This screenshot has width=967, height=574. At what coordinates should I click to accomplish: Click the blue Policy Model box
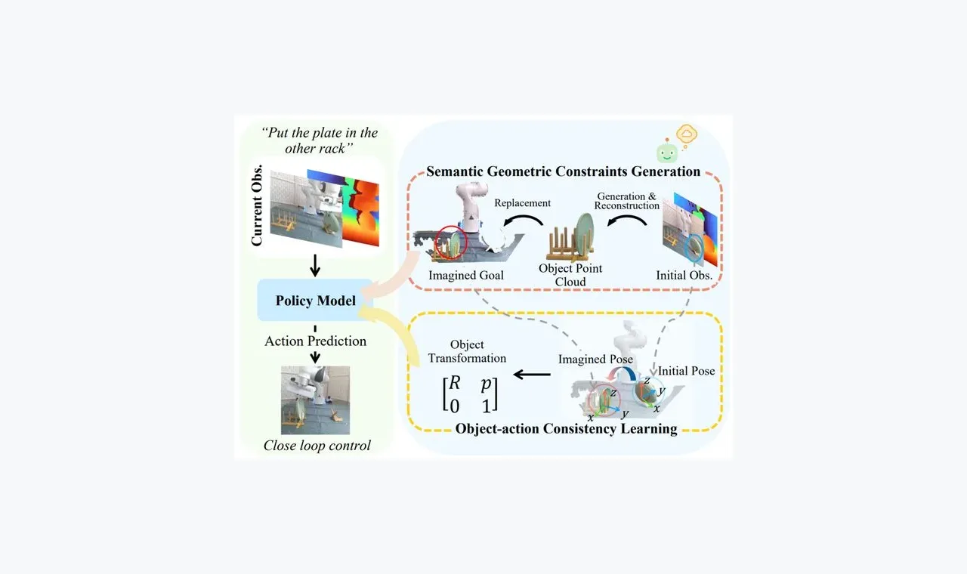tap(315, 300)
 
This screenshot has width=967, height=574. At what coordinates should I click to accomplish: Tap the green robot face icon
tap(667, 153)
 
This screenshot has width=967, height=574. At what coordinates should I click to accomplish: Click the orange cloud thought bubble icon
tap(687, 134)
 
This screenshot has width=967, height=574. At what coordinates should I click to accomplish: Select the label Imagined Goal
tap(466, 276)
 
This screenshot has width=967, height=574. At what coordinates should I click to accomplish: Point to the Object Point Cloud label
tap(570, 275)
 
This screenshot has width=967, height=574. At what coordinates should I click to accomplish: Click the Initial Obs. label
tap(684, 276)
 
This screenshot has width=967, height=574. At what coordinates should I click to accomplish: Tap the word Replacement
tap(522, 203)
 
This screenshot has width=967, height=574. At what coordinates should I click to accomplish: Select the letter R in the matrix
tap(455, 383)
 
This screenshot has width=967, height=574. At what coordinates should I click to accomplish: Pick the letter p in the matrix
tap(486, 384)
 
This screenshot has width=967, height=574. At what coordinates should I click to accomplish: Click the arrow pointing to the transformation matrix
tap(532, 374)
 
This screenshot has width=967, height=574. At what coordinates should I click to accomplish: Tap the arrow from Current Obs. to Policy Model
tap(315, 265)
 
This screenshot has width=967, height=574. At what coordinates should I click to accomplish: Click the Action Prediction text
tap(316, 341)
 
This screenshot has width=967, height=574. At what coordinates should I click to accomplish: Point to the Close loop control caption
tap(317, 446)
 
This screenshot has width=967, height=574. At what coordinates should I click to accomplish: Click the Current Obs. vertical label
tap(256, 205)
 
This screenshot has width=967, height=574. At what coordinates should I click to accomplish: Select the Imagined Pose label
tap(595, 359)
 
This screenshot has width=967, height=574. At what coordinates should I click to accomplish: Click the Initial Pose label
tap(686, 371)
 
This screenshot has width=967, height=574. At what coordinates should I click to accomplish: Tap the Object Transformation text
tap(467, 351)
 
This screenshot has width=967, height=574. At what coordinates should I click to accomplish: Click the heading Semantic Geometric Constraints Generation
tap(564, 171)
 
